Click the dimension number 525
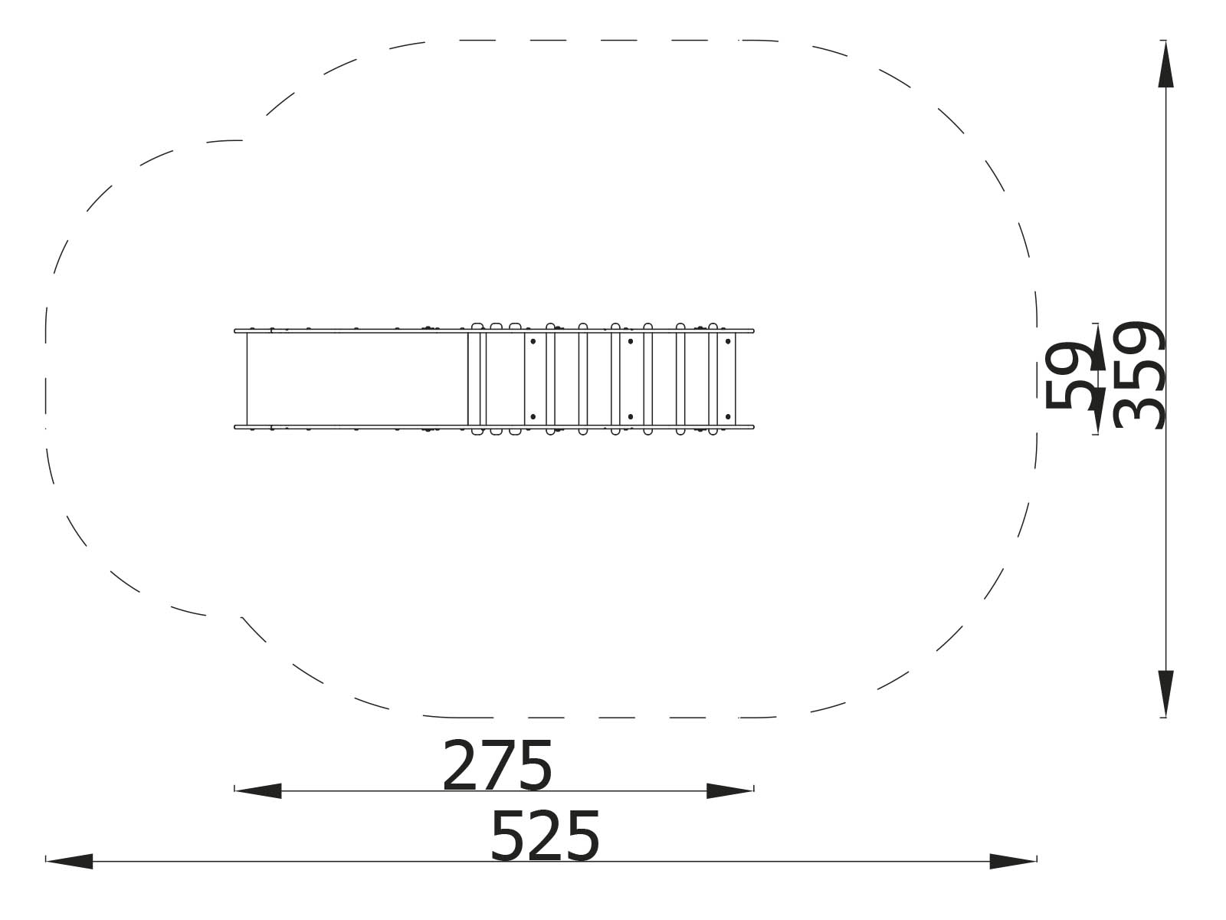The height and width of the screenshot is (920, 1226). pos(545,836)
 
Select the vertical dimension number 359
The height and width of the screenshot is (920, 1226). pos(1139,375)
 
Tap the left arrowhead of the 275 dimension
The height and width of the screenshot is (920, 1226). pos(257,791)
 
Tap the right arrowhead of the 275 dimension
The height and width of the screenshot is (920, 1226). pos(730,791)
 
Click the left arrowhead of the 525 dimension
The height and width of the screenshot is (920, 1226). pos(69,861)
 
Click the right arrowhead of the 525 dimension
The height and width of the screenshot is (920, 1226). pos(1013,861)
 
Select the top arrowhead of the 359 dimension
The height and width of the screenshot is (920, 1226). pos(1165,64)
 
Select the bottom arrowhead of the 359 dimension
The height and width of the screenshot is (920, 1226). pos(1165,694)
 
